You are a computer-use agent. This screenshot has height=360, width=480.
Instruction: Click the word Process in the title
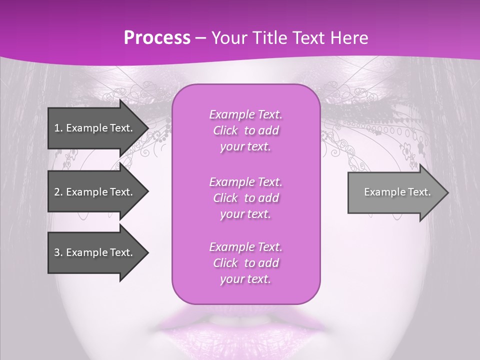pos(157,38)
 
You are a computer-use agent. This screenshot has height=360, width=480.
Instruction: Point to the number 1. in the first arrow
pos(58,128)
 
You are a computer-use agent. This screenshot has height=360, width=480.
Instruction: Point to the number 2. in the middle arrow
pos(58,192)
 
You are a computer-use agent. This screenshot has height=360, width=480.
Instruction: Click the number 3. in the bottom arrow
pos(58,252)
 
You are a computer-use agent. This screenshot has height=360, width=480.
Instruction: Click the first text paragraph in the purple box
pos(245,130)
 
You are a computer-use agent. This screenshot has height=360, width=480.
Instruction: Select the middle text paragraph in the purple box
pos(245,197)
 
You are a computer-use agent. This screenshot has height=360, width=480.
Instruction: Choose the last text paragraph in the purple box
pos(245,263)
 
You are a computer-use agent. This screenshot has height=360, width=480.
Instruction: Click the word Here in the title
pos(348,38)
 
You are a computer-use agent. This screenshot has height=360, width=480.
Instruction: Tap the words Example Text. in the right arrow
pos(397,192)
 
